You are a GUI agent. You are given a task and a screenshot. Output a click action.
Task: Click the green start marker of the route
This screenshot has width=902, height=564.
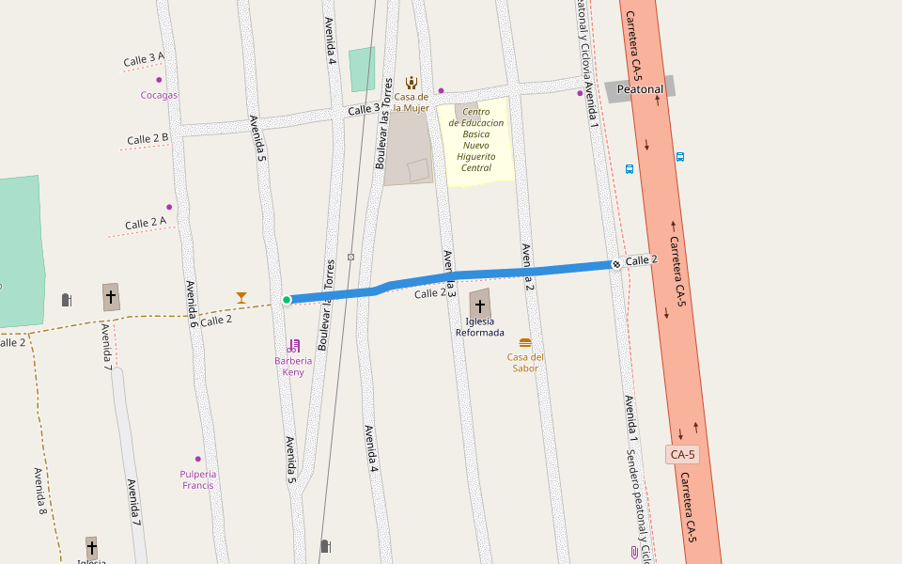287,300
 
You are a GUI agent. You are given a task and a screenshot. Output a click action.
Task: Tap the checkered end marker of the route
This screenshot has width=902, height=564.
615,264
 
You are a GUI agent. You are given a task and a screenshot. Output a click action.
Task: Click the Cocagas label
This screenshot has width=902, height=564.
159,95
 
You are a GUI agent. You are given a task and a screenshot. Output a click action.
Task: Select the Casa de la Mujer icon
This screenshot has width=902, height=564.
412,83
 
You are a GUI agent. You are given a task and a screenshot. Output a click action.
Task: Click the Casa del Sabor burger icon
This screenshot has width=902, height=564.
525,343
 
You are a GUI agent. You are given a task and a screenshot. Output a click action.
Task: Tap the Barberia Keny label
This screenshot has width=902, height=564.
293,366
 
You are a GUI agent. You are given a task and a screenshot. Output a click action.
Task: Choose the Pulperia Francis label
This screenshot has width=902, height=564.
198,479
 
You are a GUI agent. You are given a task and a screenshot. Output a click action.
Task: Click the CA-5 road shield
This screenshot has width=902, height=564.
683,455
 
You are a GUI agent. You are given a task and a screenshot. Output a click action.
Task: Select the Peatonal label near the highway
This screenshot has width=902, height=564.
641,89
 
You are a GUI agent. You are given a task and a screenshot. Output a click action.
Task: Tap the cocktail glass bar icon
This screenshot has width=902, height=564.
241,298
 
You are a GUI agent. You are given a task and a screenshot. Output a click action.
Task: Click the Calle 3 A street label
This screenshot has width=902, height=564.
144,60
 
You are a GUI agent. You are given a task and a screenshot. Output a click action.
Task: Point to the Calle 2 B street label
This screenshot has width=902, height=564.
148,139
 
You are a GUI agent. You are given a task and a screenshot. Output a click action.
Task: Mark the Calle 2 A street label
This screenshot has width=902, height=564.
146,223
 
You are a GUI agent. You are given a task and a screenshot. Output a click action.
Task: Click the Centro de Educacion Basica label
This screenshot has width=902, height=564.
476,140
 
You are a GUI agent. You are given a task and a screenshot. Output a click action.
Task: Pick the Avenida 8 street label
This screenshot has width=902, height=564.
40,491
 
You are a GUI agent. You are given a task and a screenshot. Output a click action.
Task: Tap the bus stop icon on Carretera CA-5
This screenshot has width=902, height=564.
679,157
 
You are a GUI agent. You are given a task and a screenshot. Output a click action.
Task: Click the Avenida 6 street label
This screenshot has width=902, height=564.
192,304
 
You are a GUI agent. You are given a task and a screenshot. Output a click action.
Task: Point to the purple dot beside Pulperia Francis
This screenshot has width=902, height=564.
197,459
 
